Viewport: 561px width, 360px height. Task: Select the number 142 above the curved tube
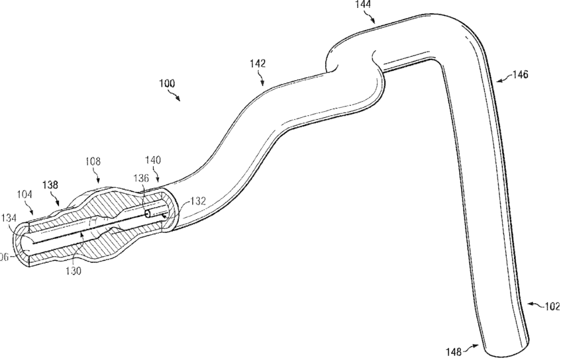[x=258, y=64]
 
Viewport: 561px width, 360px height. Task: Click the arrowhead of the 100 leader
[x=181, y=101]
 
